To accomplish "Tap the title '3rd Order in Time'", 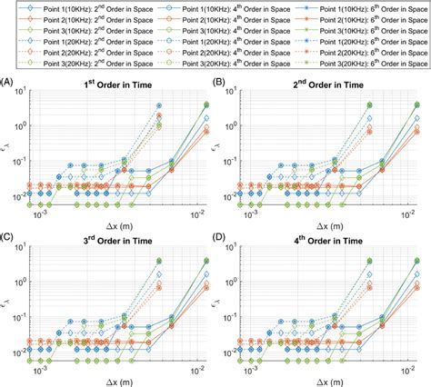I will pos(118,236).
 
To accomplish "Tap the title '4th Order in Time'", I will pos(327,236).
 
